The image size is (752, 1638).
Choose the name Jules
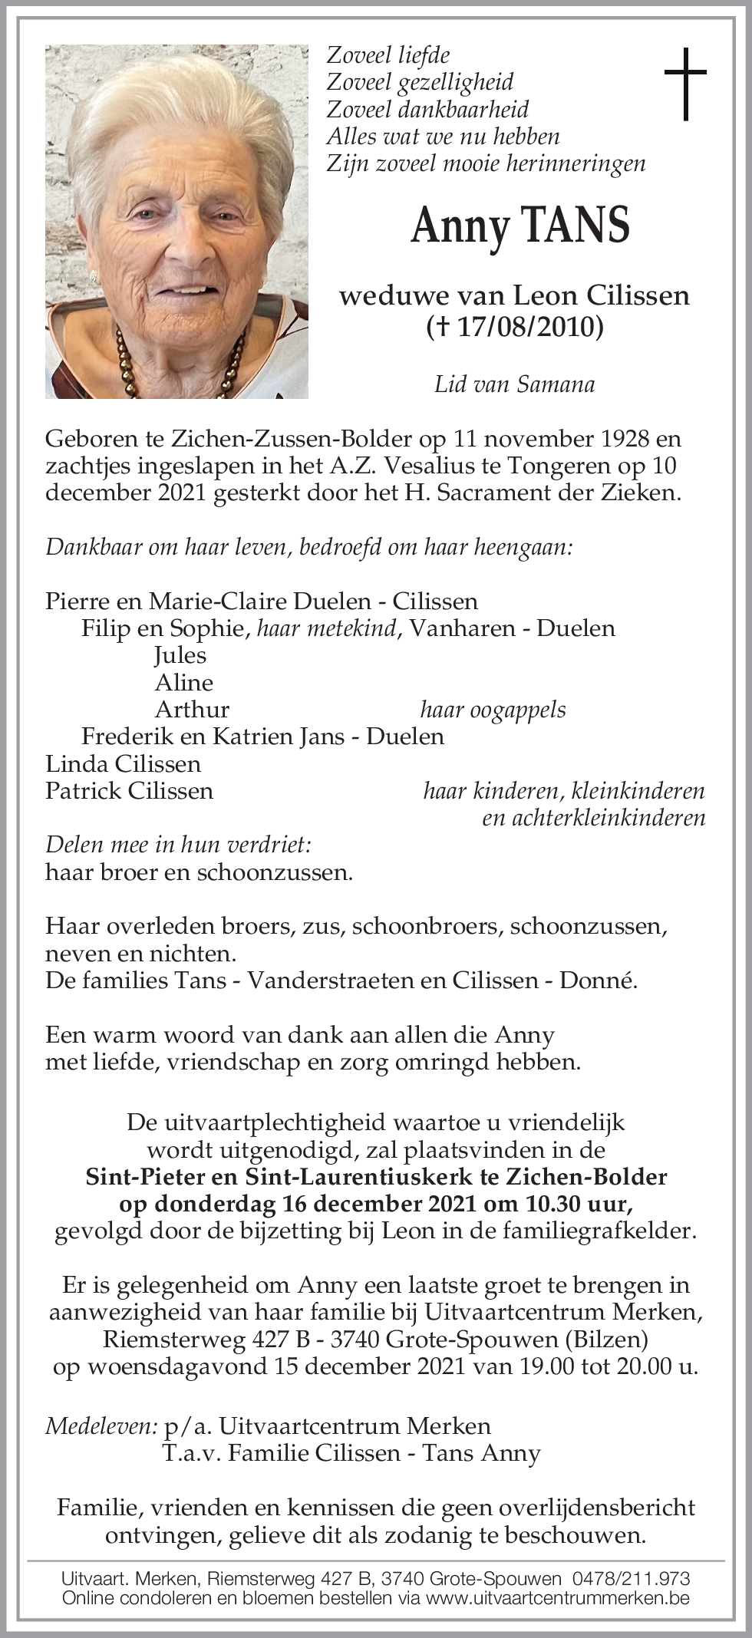pos(180,654)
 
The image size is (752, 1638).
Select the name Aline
pos(184,682)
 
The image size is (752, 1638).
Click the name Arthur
pos(192,709)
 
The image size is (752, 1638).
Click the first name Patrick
pos(83,790)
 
